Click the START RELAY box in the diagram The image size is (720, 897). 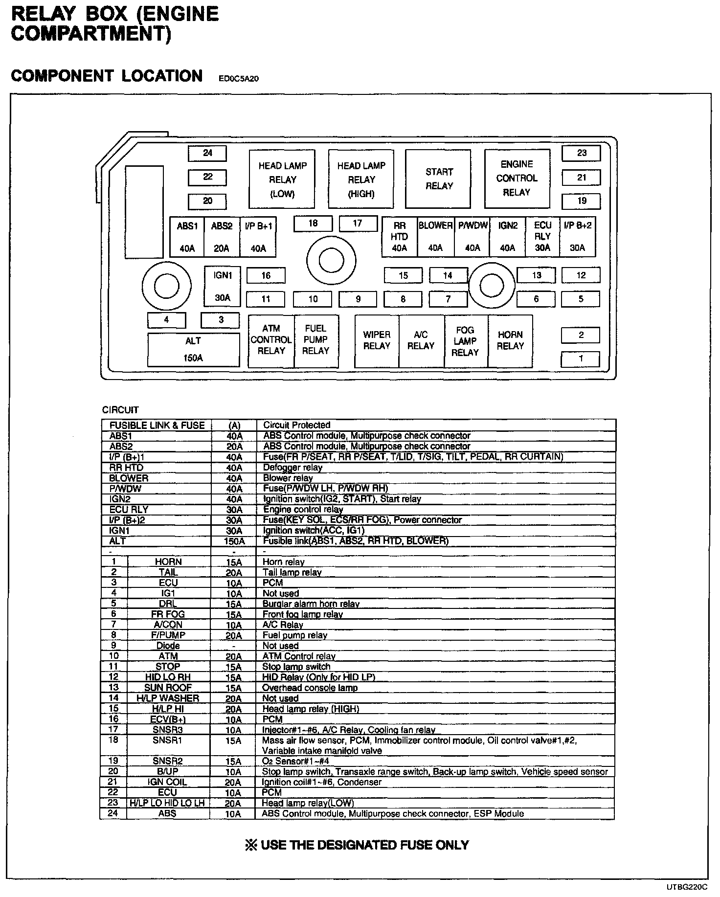click(438, 179)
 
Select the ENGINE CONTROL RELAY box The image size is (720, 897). click(517, 179)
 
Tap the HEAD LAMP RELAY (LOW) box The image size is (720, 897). click(282, 179)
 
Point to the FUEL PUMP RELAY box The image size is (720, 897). click(316, 340)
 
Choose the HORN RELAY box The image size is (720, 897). click(510, 340)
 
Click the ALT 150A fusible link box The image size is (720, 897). click(193, 349)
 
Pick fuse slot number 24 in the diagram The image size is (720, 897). click(207, 153)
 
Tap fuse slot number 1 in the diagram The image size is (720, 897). click(580, 359)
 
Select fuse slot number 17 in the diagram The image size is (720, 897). click(358, 224)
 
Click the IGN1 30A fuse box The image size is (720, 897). click(222, 287)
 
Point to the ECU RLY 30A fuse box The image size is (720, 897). click(542, 236)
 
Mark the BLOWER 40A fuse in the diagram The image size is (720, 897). click(435, 236)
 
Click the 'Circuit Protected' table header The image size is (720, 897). click(296, 425)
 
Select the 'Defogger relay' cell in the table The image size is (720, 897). click(292, 468)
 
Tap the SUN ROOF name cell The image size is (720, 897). click(168, 688)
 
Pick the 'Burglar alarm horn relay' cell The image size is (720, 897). click(311, 604)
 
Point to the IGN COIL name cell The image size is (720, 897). click(167, 782)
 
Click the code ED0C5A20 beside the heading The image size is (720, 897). click(239, 79)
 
